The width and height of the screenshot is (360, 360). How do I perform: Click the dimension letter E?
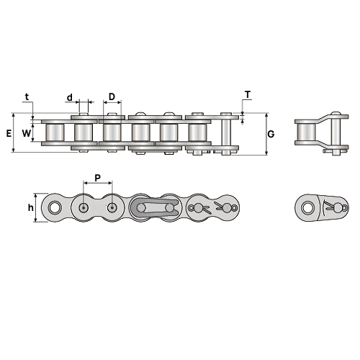point(9,133)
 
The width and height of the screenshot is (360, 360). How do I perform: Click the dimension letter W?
point(26,133)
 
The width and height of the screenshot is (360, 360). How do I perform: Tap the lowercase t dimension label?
point(27,96)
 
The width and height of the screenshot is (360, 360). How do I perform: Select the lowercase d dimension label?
point(69,97)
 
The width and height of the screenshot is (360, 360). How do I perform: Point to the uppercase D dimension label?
point(112,96)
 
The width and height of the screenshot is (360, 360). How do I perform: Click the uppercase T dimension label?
point(248,95)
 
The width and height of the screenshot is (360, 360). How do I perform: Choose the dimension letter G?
point(271,134)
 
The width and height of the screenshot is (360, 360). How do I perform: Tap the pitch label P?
point(97,178)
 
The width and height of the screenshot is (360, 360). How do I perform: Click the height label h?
point(30,208)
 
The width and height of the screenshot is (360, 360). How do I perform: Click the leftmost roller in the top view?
point(55,132)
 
